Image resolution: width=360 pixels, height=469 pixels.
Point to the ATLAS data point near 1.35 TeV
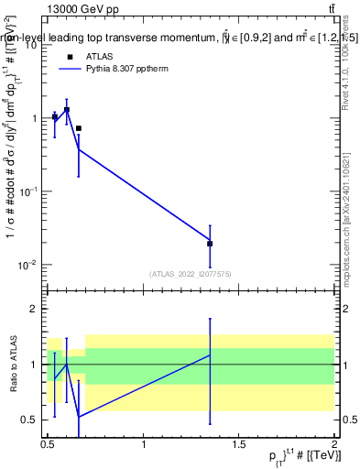coord(210,244)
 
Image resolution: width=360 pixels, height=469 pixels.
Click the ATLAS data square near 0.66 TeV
coord(79,128)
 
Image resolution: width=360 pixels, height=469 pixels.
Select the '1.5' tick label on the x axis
coord(239,444)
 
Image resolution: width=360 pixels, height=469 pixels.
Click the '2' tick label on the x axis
coord(334,444)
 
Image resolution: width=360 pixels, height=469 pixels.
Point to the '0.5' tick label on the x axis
coord(49,444)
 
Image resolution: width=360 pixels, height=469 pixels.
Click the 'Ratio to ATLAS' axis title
coord(14,365)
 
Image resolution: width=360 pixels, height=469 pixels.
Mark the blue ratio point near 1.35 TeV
coord(210,355)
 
